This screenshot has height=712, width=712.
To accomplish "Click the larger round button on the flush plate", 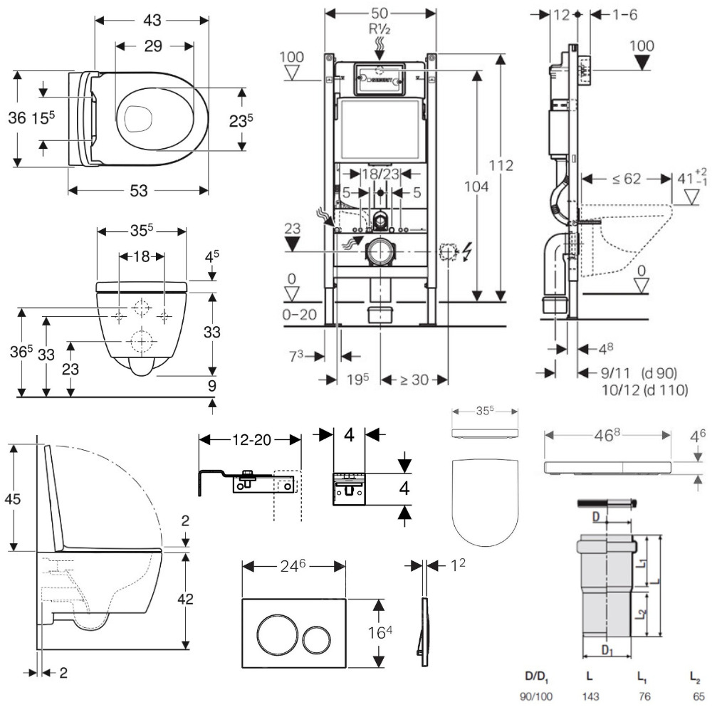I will [x=274, y=632].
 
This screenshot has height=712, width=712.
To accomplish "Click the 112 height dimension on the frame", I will [x=502, y=166].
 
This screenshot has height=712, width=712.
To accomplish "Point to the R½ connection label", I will [x=380, y=31].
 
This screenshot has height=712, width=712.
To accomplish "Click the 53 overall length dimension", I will [x=140, y=190].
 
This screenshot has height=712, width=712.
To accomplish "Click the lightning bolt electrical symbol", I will [x=468, y=251].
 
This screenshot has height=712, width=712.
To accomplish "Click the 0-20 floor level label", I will [x=298, y=314].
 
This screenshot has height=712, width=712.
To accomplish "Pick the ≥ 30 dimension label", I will [x=414, y=379].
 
